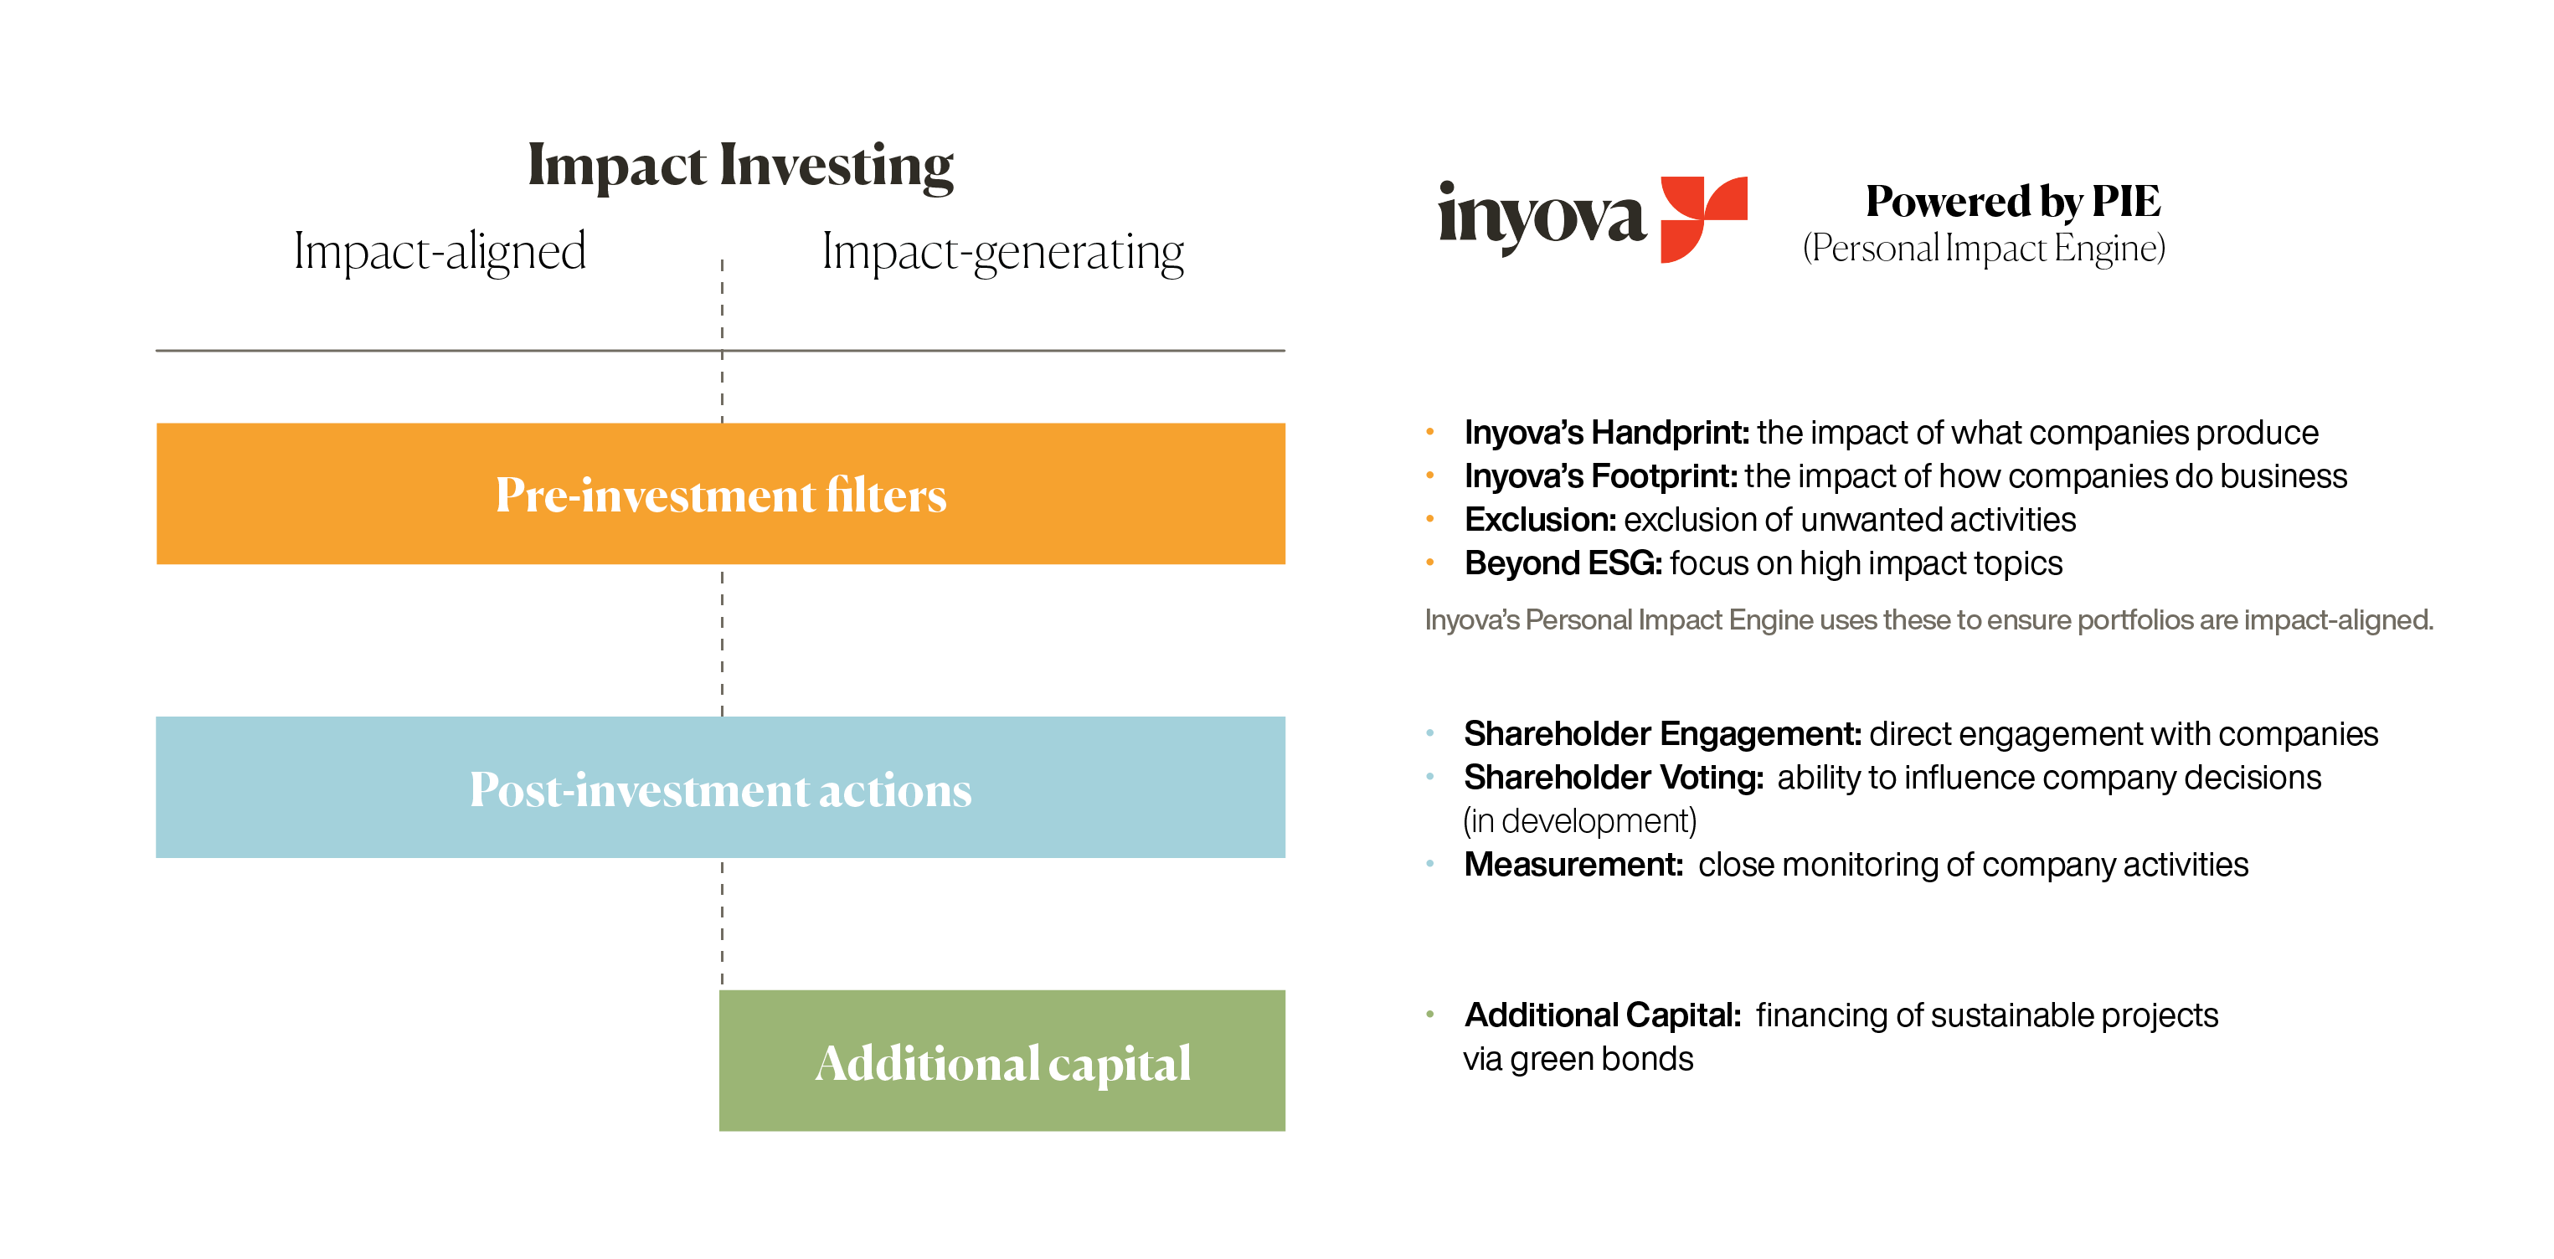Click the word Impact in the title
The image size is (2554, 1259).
coord(616,166)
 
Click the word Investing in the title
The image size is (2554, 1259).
coord(836,166)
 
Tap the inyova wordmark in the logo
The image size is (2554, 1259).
coord(1542,216)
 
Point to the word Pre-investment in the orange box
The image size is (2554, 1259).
coord(656,495)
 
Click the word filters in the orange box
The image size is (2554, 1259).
coord(887,495)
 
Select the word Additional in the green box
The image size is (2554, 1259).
coord(926,1063)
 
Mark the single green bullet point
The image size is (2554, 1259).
coord(1429,1014)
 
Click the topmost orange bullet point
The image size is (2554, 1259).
coord(1429,432)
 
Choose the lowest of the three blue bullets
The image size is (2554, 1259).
coord(1429,863)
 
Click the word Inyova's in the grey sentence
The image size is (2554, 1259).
coord(1471,620)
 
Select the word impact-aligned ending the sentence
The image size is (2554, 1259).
coord(2338,620)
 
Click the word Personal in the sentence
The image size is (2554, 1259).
coord(1579,620)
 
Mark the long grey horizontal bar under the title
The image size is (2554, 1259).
coord(720,354)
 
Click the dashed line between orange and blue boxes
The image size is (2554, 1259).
coord(722,640)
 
